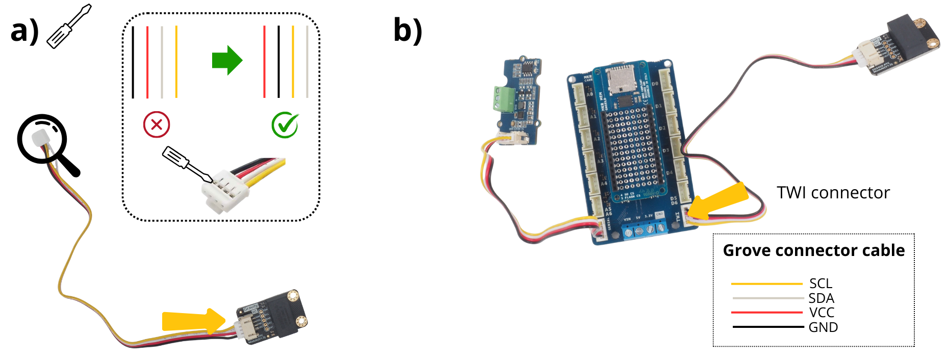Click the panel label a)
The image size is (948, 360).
(x=24, y=31)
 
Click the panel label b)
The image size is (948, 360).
(x=407, y=31)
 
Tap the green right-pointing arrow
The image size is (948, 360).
(x=227, y=60)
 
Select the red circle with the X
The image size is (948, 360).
(x=157, y=124)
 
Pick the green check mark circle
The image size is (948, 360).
(x=285, y=124)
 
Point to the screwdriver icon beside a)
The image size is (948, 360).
(x=69, y=27)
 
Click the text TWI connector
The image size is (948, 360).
(x=833, y=193)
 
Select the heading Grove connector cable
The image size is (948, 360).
(x=813, y=250)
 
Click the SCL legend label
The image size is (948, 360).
(x=821, y=284)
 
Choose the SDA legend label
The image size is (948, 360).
(x=821, y=298)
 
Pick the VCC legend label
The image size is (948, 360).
(x=822, y=313)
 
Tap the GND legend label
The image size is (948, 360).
(x=823, y=327)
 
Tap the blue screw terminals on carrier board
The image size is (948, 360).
(x=645, y=230)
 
